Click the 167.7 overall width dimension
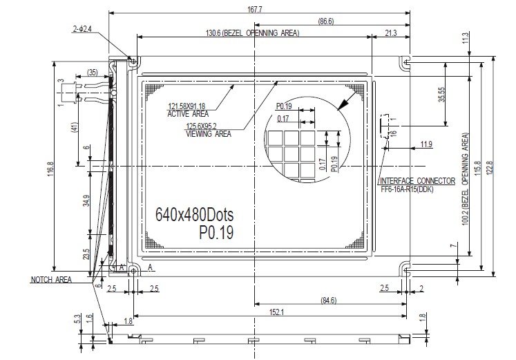click(x=254, y=9)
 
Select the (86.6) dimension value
click(x=326, y=21)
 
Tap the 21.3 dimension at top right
click(x=390, y=33)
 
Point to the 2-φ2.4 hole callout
click(x=82, y=29)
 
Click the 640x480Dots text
click(x=195, y=215)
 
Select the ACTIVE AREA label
click(x=188, y=114)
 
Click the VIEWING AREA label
click(x=209, y=134)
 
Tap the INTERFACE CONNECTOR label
click(x=418, y=181)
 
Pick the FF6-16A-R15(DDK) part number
click(x=407, y=189)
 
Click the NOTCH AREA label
click(x=51, y=280)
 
